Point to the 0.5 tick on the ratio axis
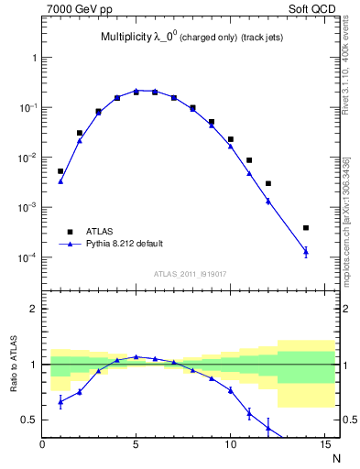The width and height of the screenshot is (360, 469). point(29,420)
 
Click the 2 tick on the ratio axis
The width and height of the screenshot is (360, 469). point(34,309)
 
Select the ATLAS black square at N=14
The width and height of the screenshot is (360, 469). point(306,228)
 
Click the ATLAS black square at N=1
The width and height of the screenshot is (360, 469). point(60,171)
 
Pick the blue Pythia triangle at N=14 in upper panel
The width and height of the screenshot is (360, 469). point(306,252)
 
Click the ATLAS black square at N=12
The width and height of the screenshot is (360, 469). point(268,183)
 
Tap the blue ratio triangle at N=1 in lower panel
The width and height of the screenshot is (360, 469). point(60,401)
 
